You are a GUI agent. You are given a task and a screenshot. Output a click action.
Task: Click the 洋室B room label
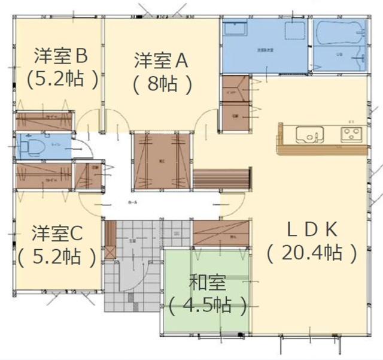(x=60, y=56)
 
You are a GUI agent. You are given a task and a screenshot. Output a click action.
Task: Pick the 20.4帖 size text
(x=312, y=253)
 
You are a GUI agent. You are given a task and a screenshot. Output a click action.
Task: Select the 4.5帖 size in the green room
(x=207, y=307)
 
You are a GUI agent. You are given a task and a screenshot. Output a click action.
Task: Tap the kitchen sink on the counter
(x=309, y=135)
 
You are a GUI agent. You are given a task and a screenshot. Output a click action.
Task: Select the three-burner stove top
(x=351, y=134)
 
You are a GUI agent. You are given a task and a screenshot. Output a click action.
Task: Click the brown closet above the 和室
(x=220, y=232)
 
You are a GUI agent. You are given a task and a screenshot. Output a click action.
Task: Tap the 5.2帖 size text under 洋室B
(x=62, y=80)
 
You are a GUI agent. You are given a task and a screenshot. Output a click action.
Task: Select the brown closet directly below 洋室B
(x=45, y=120)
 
